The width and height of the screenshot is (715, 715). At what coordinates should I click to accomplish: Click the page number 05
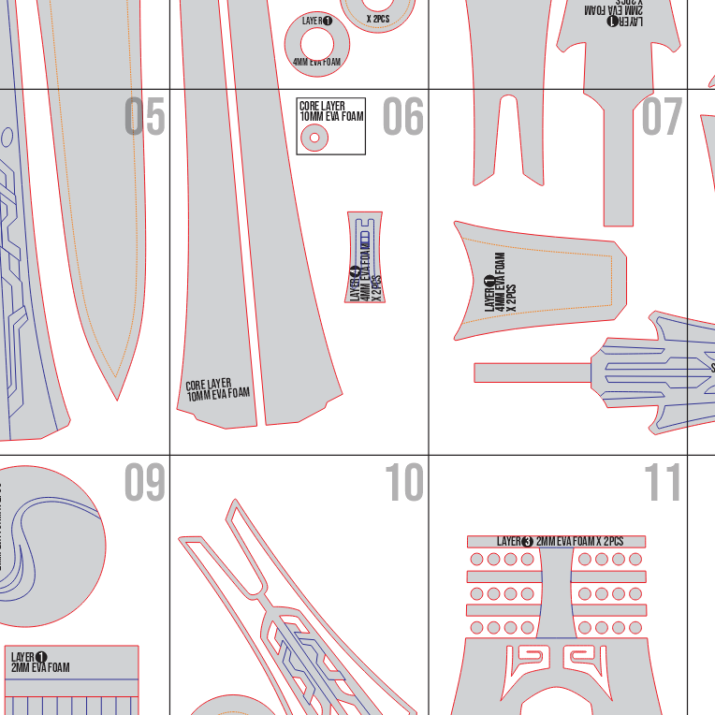point(144,117)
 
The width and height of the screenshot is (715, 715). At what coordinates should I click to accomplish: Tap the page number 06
point(403,117)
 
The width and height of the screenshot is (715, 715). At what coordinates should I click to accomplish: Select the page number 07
point(663,117)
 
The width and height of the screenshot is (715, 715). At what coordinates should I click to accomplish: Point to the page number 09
point(144,482)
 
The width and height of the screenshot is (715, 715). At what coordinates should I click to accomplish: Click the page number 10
point(403,482)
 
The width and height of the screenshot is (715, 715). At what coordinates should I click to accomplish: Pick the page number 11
point(663,482)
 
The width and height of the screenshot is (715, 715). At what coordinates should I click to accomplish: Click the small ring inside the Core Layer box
point(314,139)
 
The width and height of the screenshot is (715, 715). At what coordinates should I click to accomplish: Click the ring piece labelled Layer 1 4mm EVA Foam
point(316,42)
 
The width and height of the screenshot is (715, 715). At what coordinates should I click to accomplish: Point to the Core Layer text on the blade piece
point(217,390)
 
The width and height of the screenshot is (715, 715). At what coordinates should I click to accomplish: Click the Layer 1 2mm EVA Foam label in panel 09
point(39,663)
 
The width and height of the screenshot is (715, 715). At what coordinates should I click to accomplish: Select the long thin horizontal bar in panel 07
point(530,372)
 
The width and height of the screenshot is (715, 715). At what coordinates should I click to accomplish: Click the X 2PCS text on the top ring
point(378,18)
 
